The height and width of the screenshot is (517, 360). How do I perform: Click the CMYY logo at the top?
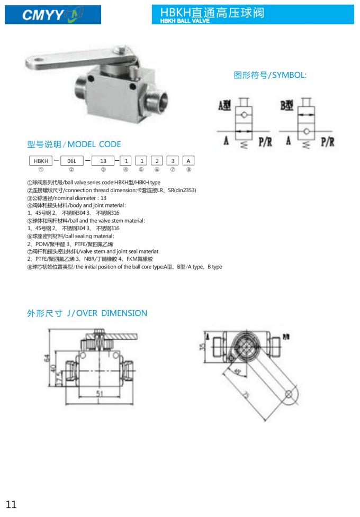pyautogui.click(x=52, y=15)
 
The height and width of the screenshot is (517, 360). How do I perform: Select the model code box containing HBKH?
pyautogui.click(x=41, y=160)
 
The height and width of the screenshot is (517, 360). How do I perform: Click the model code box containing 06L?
pyautogui.click(x=71, y=160)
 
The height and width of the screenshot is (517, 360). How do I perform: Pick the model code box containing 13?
pyautogui.click(x=103, y=160)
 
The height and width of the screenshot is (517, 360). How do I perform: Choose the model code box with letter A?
pyautogui.click(x=188, y=160)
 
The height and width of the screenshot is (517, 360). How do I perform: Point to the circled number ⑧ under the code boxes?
pyautogui.click(x=188, y=170)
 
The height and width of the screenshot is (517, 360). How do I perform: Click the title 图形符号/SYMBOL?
pyautogui.click(x=270, y=75)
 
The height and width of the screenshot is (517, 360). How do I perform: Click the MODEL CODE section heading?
pyautogui.click(x=74, y=144)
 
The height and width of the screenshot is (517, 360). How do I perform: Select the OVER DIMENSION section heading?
pyautogui.click(x=87, y=313)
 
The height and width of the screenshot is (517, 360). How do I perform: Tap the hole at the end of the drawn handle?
pyautogui.click(x=288, y=394)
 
